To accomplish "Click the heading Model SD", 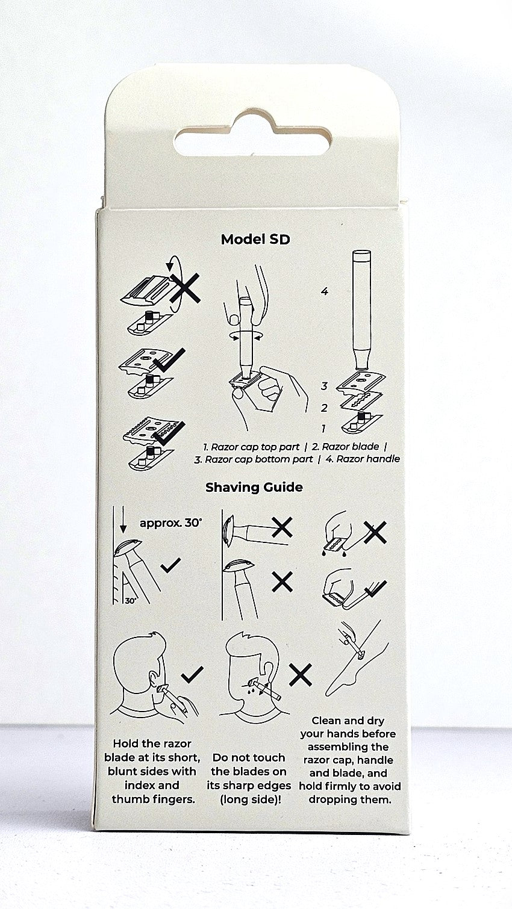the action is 255,240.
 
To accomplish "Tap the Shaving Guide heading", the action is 254,487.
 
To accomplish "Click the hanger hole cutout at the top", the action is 254,134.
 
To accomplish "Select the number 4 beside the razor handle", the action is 324,291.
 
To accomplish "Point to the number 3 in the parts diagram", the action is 323,386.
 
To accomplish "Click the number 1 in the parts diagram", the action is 323,428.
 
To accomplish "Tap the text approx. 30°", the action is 170,523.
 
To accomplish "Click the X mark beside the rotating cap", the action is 185,288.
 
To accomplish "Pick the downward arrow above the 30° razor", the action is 123,520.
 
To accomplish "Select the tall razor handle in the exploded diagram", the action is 362,308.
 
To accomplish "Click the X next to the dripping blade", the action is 375,532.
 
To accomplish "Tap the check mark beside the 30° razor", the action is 170,565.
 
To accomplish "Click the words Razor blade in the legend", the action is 351,447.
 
